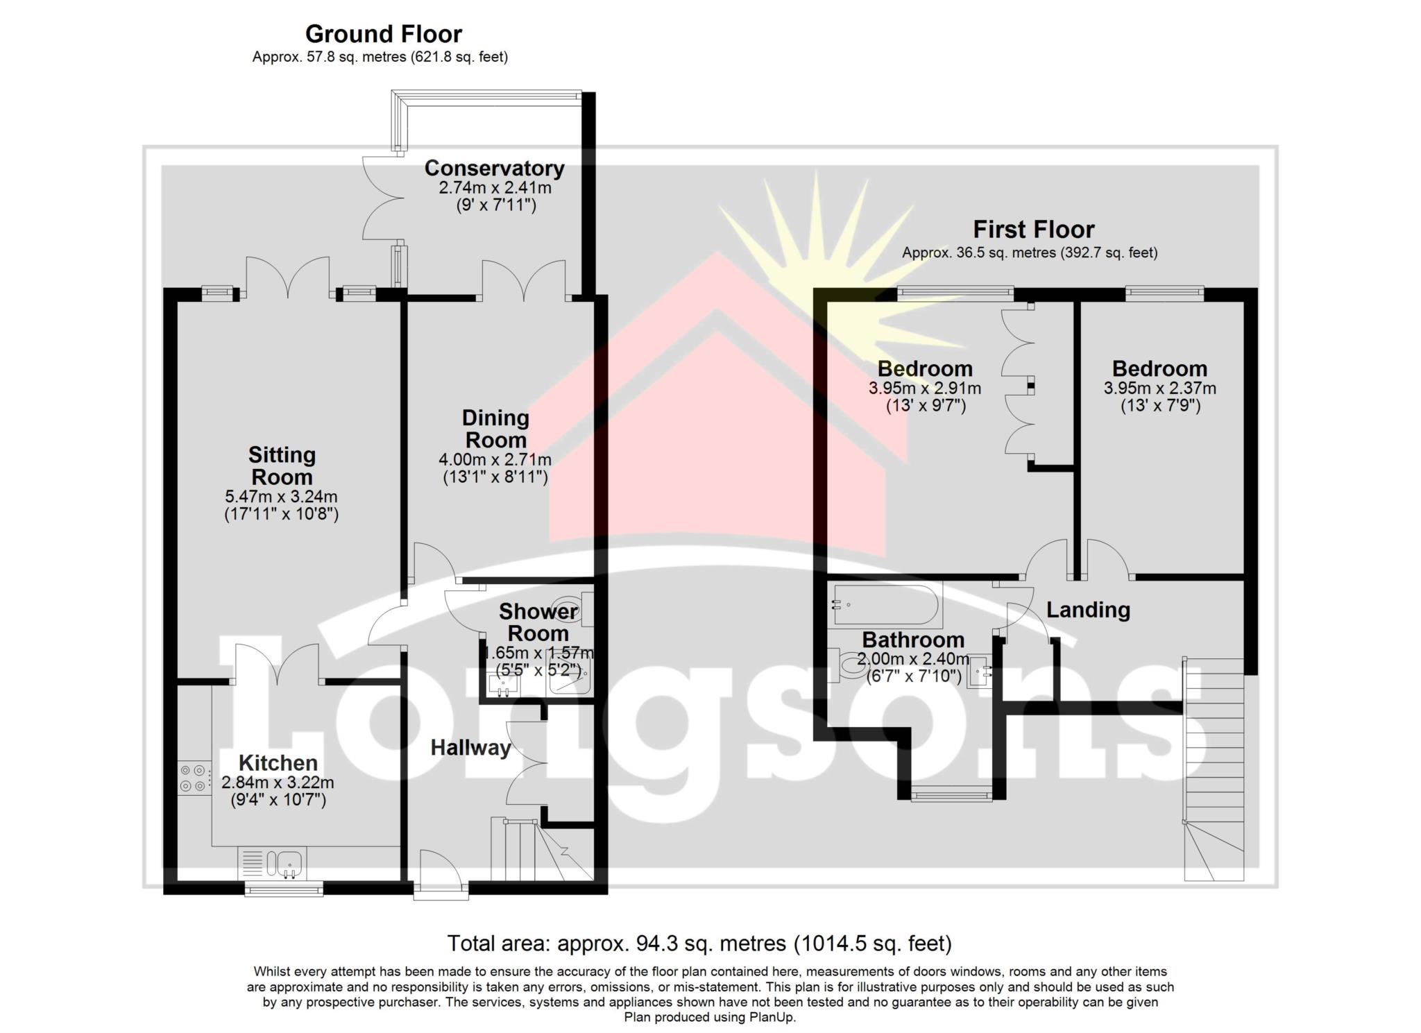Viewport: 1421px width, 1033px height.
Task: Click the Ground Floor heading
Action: coord(383,33)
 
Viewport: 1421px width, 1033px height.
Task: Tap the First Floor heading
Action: coord(1033,229)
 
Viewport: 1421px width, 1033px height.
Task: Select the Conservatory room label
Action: coord(494,168)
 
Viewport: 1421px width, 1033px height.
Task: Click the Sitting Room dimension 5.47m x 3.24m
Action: coord(281,497)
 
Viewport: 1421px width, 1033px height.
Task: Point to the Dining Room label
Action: coord(495,429)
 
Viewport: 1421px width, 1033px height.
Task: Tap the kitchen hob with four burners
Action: coord(194,778)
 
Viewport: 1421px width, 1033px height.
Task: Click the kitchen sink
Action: coord(273,864)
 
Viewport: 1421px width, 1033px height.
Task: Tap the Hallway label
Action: coord(470,747)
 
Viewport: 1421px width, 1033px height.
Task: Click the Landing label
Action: coord(1088,610)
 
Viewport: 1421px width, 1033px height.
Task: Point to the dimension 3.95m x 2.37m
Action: coord(1159,389)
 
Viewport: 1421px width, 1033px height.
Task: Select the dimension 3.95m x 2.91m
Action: coord(925,389)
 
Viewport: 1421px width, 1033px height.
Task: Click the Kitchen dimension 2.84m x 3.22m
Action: coord(278,783)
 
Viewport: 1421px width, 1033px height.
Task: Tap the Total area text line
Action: coord(699,944)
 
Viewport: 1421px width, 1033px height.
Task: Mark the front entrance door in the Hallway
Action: coord(441,874)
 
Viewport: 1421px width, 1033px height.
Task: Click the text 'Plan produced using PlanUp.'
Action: coord(710,1018)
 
